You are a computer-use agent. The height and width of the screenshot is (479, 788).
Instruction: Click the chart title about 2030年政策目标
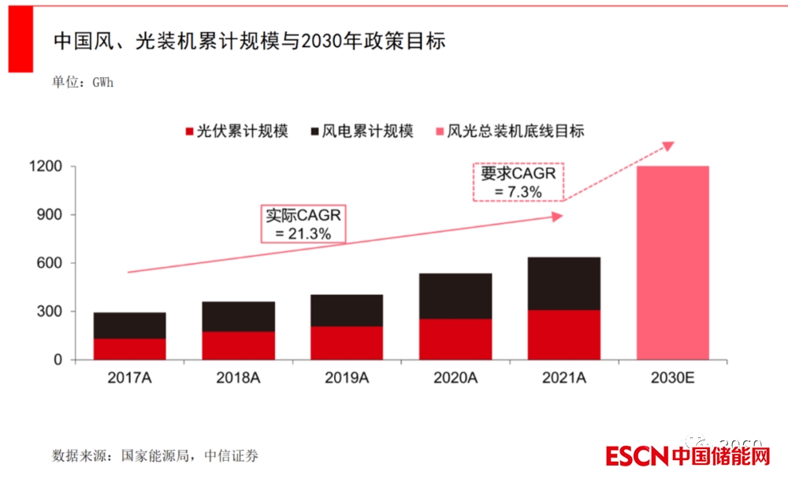249,41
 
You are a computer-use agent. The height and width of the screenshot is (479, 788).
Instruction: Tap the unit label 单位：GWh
83,82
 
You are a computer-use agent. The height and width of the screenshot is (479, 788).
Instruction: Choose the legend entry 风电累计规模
359,132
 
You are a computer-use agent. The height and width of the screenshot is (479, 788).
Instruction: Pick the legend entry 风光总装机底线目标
507,132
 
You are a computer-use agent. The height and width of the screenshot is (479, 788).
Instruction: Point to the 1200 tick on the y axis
45,167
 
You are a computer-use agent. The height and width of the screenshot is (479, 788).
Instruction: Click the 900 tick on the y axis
49,215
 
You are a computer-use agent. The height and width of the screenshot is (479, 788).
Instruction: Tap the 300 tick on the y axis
49,312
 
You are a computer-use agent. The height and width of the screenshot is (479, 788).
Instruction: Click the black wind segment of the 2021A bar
563,284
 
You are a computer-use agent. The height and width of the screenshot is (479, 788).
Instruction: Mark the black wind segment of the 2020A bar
455,296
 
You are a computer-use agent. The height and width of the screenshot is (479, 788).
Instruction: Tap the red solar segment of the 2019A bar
346,343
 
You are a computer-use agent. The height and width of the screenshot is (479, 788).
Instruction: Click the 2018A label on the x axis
238,377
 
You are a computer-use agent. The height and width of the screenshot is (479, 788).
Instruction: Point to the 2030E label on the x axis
672,377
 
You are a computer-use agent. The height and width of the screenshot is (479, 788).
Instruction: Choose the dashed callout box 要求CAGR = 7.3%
518,182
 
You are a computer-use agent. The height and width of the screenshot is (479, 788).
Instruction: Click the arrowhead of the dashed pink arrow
669,145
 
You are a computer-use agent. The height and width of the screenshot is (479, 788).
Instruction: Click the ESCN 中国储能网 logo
688,456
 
